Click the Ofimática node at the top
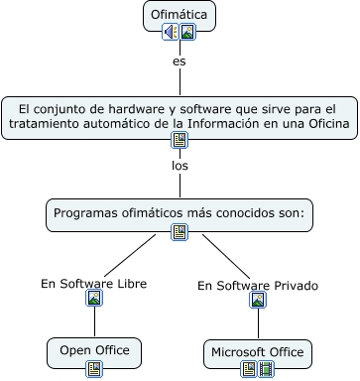pyautogui.click(x=180, y=14)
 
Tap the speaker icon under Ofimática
pyautogui.click(x=172, y=32)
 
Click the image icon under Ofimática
pyautogui.click(x=187, y=32)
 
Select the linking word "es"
pyautogui.click(x=180, y=62)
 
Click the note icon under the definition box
pyautogui.click(x=180, y=140)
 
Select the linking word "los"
pyautogui.click(x=180, y=166)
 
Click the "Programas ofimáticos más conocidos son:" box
pyautogui.click(x=180, y=212)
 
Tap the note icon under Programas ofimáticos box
pyautogui.click(x=180, y=231)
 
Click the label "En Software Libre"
pyautogui.click(x=94, y=283)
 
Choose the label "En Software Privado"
pyautogui.click(x=258, y=285)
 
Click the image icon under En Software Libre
pyautogui.click(x=94, y=299)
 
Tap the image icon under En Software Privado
pyautogui.click(x=258, y=300)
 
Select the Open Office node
pyautogui.click(x=94, y=350)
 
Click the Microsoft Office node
pyautogui.click(x=258, y=352)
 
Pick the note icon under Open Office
pyautogui.click(x=94, y=369)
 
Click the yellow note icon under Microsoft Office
pyautogui.click(x=250, y=370)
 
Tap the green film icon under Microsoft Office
pyautogui.click(x=266, y=370)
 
